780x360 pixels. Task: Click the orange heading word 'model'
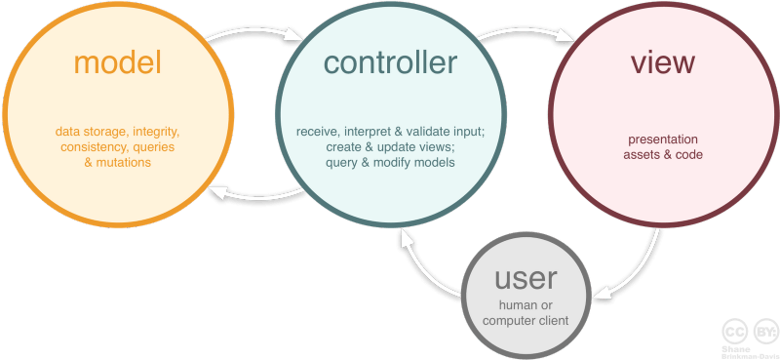pyautogui.click(x=118, y=62)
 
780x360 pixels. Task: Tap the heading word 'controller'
pyautogui.click(x=390, y=62)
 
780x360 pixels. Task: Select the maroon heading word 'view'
pyautogui.click(x=663, y=62)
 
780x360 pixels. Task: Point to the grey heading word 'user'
pyautogui.click(x=526, y=279)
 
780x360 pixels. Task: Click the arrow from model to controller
pyautogui.click(x=253, y=30)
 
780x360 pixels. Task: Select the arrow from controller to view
pyautogui.click(x=526, y=30)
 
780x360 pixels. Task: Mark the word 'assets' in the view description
pyautogui.click(x=640, y=155)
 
